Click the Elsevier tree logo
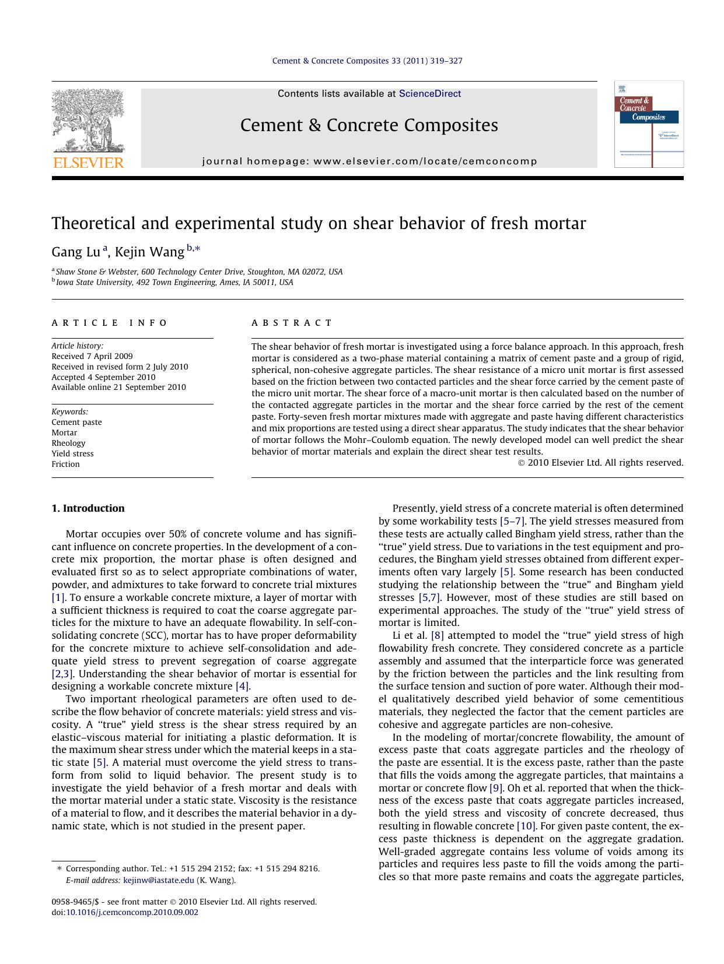(88, 121)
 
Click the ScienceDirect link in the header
(429, 94)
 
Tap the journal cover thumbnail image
(648, 124)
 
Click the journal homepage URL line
(369, 161)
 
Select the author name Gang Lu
(76, 252)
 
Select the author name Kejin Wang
(149, 252)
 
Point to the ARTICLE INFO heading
(109, 323)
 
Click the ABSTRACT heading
(292, 323)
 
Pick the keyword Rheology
(68, 443)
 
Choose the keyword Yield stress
(72, 453)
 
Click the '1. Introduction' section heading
(88, 508)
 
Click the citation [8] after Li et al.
(437, 635)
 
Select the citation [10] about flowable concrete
(526, 826)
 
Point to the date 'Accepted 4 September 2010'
(103, 377)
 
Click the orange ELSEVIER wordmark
(88, 163)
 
